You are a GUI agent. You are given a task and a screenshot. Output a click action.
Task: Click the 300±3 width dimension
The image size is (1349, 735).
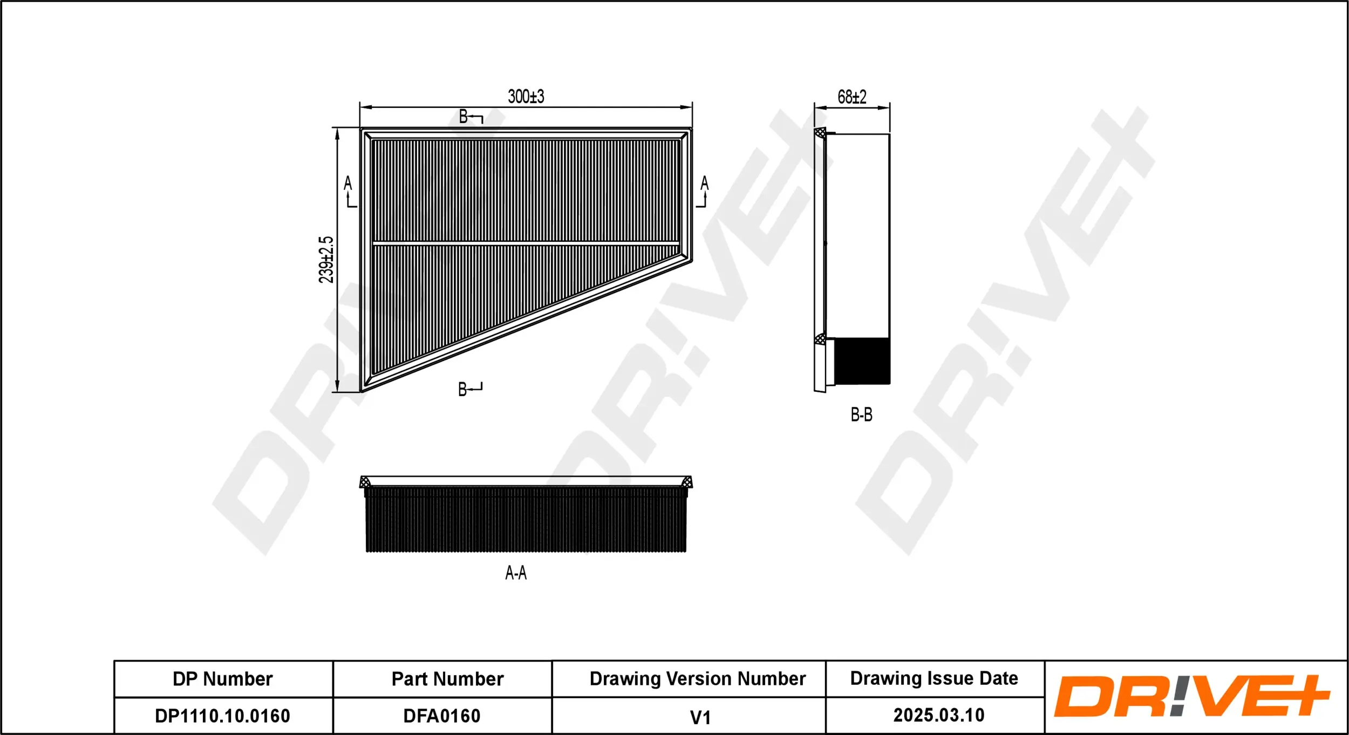click(526, 97)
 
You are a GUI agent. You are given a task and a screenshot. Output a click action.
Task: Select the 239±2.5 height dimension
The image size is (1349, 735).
click(326, 260)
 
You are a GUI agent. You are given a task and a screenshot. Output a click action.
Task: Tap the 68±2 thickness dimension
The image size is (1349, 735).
click(851, 97)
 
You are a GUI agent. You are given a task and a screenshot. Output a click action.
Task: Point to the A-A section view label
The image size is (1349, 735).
click(515, 573)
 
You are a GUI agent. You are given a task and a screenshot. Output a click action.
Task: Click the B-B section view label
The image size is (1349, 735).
click(861, 414)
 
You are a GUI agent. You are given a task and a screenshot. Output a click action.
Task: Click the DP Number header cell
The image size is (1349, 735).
click(222, 679)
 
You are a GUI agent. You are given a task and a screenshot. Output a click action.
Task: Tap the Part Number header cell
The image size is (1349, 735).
click(447, 679)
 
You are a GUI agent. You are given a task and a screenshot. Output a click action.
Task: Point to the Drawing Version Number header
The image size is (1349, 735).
click(697, 678)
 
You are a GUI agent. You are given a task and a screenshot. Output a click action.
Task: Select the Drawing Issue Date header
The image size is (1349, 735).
click(934, 678)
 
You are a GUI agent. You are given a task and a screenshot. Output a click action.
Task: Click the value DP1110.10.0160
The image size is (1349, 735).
click(222, 716)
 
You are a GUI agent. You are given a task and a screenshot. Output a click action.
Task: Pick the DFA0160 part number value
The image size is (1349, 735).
click(442, 716)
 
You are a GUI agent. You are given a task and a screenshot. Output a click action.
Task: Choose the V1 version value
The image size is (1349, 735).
click(700, 717)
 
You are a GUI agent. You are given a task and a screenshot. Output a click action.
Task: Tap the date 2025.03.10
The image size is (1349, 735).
click(938, 715)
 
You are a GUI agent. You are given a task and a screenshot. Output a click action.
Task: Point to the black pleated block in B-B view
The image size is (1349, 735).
click(862, 360)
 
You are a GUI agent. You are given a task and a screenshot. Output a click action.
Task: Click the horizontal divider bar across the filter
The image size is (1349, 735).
click(526, 244)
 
